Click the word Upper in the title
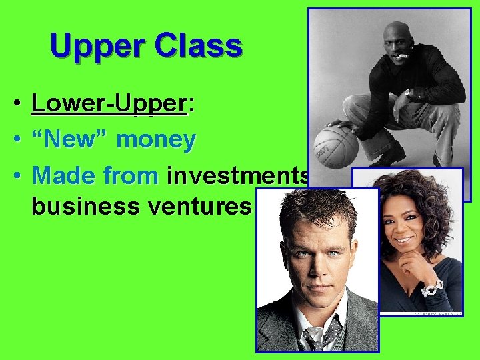click(98, 47)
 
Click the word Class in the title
click(197, 45)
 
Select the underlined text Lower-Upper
click(109, 105)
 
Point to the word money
click(156, 141)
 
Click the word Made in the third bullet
click(61, 175)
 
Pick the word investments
click(237, 175)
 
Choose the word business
click(82, 207)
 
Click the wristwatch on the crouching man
click(407, 93)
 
